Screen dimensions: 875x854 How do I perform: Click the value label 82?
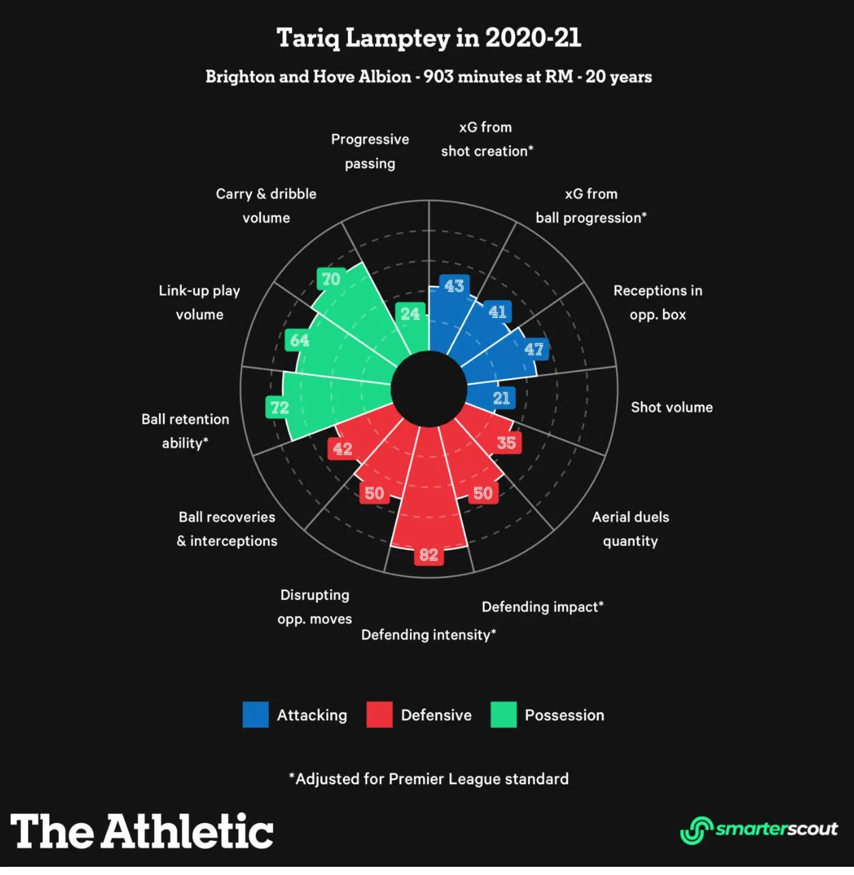pyautogui.click(x=428, y=554)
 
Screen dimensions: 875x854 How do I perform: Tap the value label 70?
pyautogui.click(x=331, y=279)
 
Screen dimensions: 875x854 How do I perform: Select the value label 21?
pyautogui.click(x=501, y=398)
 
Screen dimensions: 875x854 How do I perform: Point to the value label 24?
pyautogui.click(x=410, y=313)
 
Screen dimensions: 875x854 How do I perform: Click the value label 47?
pyautogui.click(x=534, y=349)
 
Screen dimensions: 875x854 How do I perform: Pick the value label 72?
pyautogui.click(x=280, y=407)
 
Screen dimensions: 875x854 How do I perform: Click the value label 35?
pyautogui.click(x=506, y=442)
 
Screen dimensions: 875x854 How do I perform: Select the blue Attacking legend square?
pyautogui.click(x=256, y=715)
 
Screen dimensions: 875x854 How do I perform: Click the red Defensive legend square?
pyautogui.click(x=379, y=715)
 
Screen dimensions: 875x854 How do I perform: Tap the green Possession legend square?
pyautogui.click(x=503, y=715)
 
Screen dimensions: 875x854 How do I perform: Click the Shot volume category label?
pyautogui.click(x=672, y=407)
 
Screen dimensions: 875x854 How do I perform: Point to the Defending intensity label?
pyautogui.click(x=428, y=635)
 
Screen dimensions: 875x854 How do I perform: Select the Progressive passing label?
pyautogui.click(x=370, y=151)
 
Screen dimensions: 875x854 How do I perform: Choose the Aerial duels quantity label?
pyautogui.click(x=630, y=529)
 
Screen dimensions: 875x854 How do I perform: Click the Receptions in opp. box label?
pyautogui.click(x=658, y=302)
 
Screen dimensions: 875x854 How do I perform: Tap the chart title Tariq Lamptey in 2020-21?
pyautogui.click(x=428, y=38)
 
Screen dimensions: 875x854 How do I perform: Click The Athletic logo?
pyautogui.click(x=142, y=831)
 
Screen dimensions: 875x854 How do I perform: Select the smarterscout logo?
pyautogui.click(x=759, y=830)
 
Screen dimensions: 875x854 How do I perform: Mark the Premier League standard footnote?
pyautogui.click(x=428, y=779)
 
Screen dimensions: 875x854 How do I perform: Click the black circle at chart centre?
pyautogui.click(x=429, y=389)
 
